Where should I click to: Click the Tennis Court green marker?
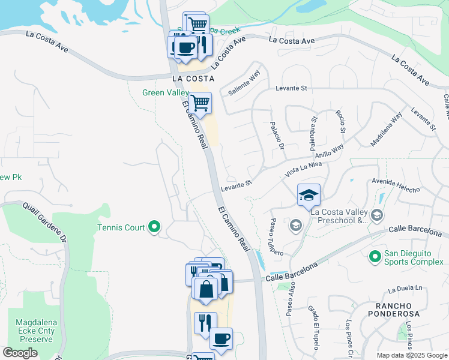[154, 227]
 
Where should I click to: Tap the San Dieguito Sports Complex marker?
[375, 257]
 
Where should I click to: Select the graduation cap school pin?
[309, 195]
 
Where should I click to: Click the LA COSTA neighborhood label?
[193, 79]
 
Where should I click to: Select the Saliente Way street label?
[244, 83]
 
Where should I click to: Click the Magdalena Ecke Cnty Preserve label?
[35, 331]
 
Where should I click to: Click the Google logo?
[20, 353]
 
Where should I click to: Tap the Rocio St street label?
[341, 122]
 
